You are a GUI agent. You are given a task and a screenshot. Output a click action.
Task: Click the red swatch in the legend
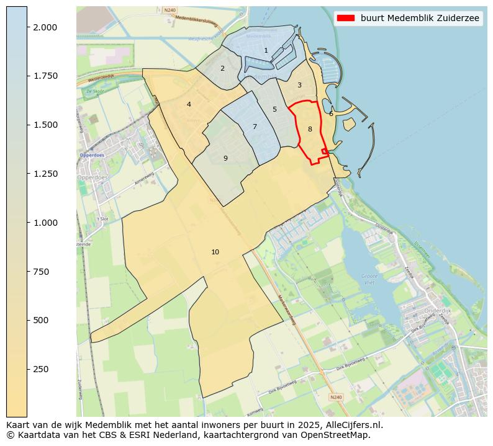pyautogui.click(x=345, y=18)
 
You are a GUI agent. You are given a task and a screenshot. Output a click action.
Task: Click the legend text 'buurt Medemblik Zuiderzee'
pyautogui.click(x=420, y=18)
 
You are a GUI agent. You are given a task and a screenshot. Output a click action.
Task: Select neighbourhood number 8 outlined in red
pyautogui.click(x=310, y=129)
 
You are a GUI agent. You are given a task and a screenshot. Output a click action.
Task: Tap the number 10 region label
pyautogui.click(x=215, y=252)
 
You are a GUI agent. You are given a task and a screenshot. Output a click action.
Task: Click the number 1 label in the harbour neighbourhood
pyautogui.click(x=266, y=51)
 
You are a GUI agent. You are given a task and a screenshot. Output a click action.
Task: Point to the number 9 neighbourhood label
pyautogui.click(x=225, y=158)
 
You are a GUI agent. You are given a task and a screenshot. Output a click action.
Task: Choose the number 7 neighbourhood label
pyautogui.click(x=255, y=127)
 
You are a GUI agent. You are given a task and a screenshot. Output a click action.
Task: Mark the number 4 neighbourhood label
pyautogui.click(x=189, y=104)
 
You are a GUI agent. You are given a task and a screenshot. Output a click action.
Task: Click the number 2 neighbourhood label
pyautogui.click(x=222, y=68)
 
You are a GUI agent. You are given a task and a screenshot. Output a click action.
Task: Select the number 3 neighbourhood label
pyautogui.click(x=299, y=85)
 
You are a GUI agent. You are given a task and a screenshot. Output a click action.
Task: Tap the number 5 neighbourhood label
pyautogui.click(x=274, y=109)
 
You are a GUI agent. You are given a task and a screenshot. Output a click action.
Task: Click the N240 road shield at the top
pyautogui.click(x=170, y=10)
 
